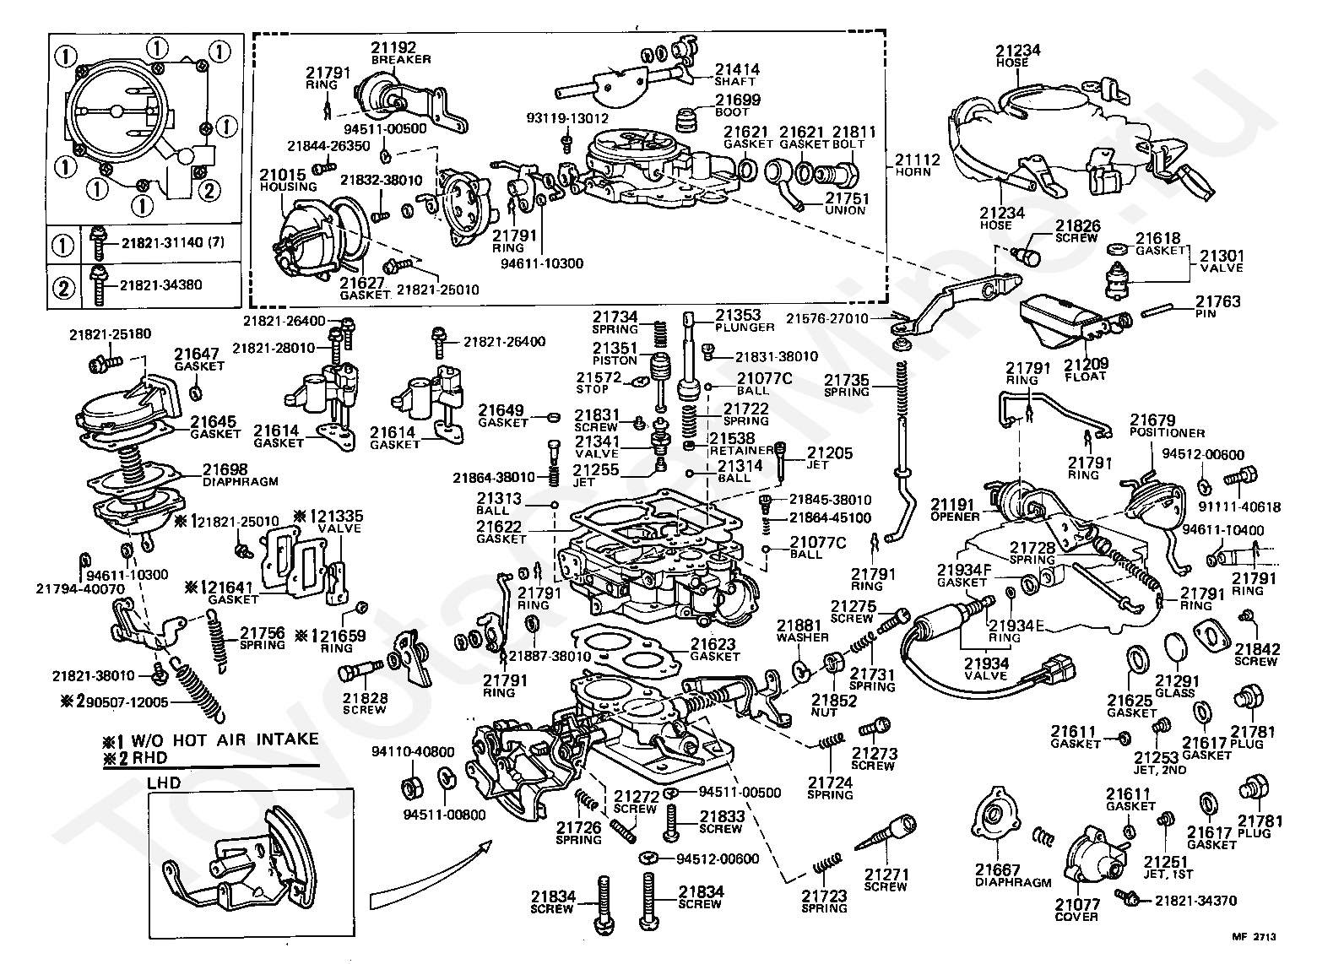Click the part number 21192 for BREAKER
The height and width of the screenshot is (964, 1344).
pyautogui.click(x=393, y=48)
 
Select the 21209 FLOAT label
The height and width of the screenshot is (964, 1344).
pyautogui.click(x=1085, y=369)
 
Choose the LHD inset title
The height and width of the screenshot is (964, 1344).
pyautogui.click(x=164, y=782)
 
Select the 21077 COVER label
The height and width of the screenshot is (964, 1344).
pyautogui.click(x=1076, y=910)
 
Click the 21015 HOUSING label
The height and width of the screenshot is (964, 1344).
pyautogui.click(x=288, y=180)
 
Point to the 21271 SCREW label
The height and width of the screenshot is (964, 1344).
pyautogui.click(x=886, y=880)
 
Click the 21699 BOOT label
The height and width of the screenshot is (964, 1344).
pyautogui.click(x=737, y=105)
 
